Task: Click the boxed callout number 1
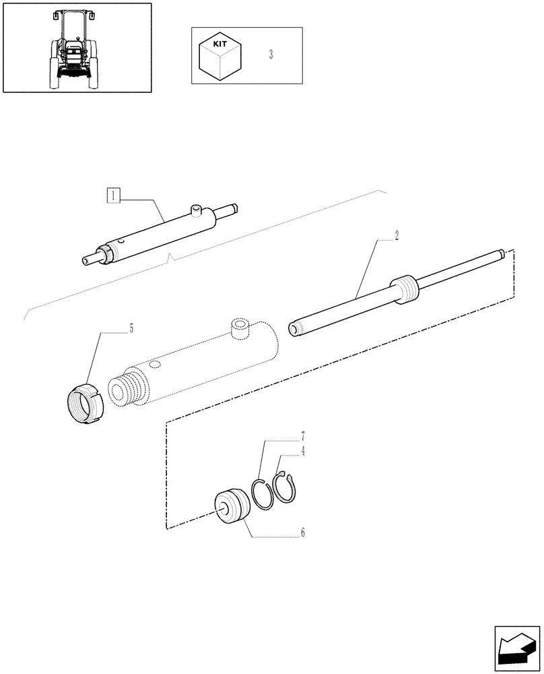point(114,196)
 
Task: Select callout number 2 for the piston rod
point(397,235)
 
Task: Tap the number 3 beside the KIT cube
point(271,55)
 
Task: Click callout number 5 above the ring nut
point(131,329)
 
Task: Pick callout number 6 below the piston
point(303,532)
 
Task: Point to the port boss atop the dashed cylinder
point(240,327)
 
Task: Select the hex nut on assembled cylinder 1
point(106,255)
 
